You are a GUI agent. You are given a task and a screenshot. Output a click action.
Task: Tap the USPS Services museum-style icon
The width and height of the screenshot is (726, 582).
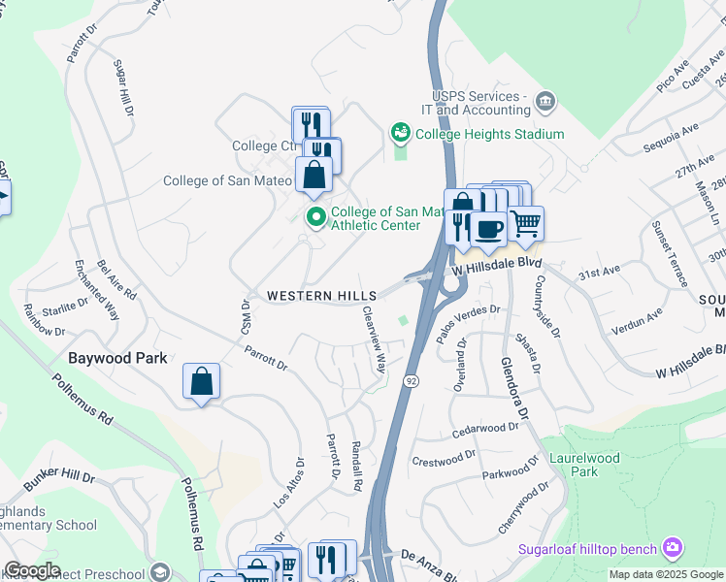tap(544, 101)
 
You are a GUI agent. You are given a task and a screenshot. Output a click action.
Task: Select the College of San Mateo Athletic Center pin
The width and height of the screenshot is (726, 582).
tap(315, 216)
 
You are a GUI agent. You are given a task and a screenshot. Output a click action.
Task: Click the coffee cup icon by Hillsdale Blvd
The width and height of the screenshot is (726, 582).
tap(487, 229)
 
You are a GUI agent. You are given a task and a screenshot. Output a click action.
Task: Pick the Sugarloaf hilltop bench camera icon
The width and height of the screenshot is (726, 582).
tap(673, 548)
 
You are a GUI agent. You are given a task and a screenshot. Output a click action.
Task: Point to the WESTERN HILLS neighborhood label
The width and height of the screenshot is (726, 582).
tap(309, 295)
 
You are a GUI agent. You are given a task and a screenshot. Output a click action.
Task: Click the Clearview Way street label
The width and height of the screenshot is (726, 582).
tap(374, 340)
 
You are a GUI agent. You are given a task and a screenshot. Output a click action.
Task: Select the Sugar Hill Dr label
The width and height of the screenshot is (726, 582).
tap(123, 88)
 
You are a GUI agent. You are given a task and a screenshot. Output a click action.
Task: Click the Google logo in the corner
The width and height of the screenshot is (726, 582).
tap(31, 570)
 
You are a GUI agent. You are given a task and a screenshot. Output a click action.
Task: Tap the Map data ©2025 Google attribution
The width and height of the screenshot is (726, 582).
tap(666, 574)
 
